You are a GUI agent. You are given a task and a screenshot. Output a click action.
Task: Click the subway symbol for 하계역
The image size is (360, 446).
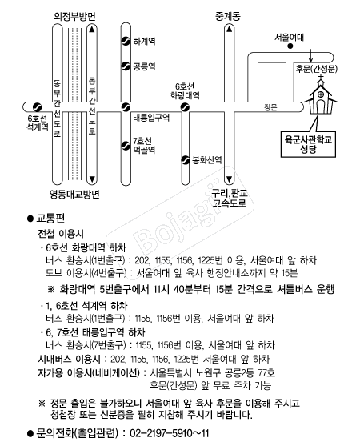point(126,42)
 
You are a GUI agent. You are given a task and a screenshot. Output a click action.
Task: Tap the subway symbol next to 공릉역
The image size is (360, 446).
point(126,66)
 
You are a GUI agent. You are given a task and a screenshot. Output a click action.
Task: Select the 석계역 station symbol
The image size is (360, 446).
point(38,107)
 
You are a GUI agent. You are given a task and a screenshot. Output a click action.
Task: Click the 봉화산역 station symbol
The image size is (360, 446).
point(186,160)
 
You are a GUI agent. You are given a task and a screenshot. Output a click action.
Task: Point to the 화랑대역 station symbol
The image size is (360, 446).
point(186,107)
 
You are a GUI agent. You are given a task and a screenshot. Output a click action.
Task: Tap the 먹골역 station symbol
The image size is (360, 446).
point(126,146)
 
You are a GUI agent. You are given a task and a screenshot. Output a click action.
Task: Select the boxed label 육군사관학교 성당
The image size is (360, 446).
point(308,144)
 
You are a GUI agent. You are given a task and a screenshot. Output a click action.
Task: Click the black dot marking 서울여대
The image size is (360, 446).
point(290,46)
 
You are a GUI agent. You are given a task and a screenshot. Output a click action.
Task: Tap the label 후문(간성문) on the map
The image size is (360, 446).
point(317,69)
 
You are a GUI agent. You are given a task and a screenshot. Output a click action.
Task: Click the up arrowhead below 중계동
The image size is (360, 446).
point(230,29)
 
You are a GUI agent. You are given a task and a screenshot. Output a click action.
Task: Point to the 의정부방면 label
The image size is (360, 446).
point(74,17)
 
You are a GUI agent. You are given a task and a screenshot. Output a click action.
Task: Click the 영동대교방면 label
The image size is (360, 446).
point(74,195)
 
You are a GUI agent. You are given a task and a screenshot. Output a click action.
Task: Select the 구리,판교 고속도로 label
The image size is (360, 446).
point(230,199)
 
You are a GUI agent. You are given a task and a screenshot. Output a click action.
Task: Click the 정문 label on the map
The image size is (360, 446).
point(270,107)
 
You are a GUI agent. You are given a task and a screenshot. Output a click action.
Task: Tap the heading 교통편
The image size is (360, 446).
point(51,219)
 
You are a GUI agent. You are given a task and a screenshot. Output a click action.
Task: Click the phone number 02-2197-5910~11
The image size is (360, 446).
point(170,433)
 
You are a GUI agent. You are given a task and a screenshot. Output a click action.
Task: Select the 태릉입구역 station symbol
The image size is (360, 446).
point(126,107)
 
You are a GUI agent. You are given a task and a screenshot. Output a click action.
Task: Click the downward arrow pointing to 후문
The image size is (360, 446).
point(311,56)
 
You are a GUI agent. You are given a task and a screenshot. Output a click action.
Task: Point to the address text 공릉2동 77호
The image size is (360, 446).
point(250,372)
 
